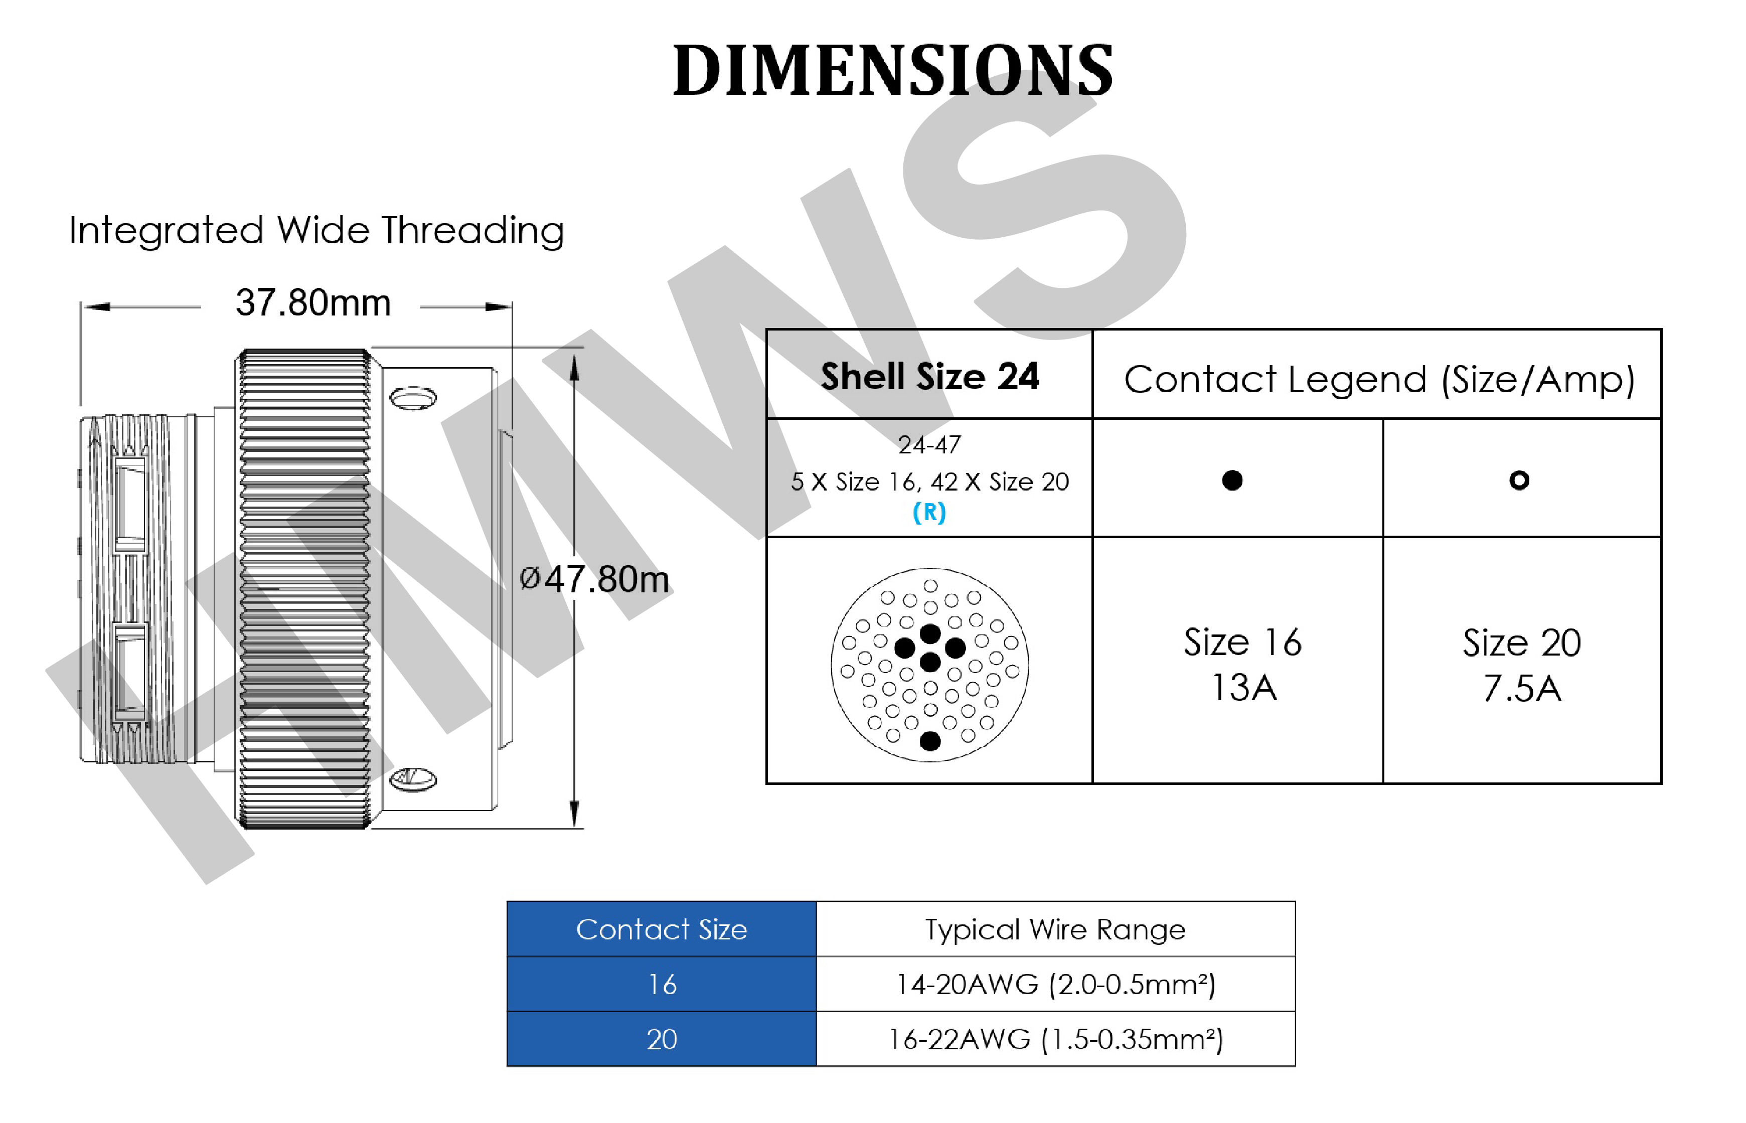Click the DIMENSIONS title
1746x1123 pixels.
tap(892, 70)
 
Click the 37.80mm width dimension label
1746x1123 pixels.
tap(313, 302)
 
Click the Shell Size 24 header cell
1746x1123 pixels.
tap(929, 375)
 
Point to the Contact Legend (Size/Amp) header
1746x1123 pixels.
tap(1378, 379)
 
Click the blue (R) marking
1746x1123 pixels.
tap(929, 513)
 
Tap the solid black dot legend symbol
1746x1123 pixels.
tap(1232, 480)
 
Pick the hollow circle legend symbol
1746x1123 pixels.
tap(1519, 480)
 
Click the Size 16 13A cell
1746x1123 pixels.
tap(1242, 664)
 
